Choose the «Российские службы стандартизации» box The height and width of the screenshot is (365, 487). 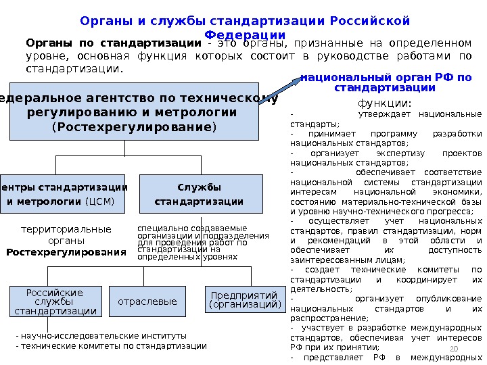point(55,301)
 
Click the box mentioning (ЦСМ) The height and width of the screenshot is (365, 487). point(64,193)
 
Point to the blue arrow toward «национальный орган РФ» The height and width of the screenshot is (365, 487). point(279,90)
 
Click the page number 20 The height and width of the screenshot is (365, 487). point(454,348)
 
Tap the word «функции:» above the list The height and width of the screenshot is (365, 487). point(384,103)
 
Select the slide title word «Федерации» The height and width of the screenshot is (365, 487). point(244,35)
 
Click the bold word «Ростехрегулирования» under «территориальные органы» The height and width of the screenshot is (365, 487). point(66,252)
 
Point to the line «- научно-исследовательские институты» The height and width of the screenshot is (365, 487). point(100,335)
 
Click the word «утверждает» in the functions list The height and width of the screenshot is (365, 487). point(376,114)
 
